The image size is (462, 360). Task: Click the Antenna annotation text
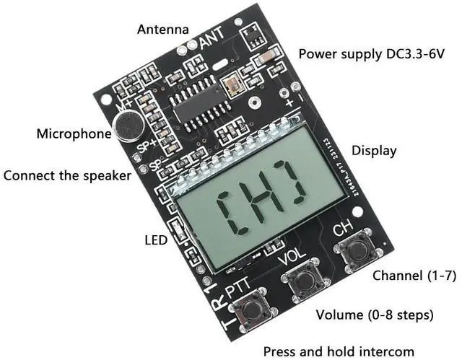pyautogui.click(x=163, y=30)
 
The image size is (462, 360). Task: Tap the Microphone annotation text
pyautogui.click(x=71, y=133)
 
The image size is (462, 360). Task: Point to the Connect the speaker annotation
pyautogui.click(x=67, y=175)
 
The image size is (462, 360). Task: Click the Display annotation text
pyautogui.click(x=374, y=151)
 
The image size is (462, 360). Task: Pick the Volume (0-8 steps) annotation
pyautogui.click(x=375, y=315)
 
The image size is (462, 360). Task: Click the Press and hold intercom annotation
pyautogui.click(x=339, y=351)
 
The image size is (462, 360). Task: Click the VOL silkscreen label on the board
pyautogui.click(x=292, y=256)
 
